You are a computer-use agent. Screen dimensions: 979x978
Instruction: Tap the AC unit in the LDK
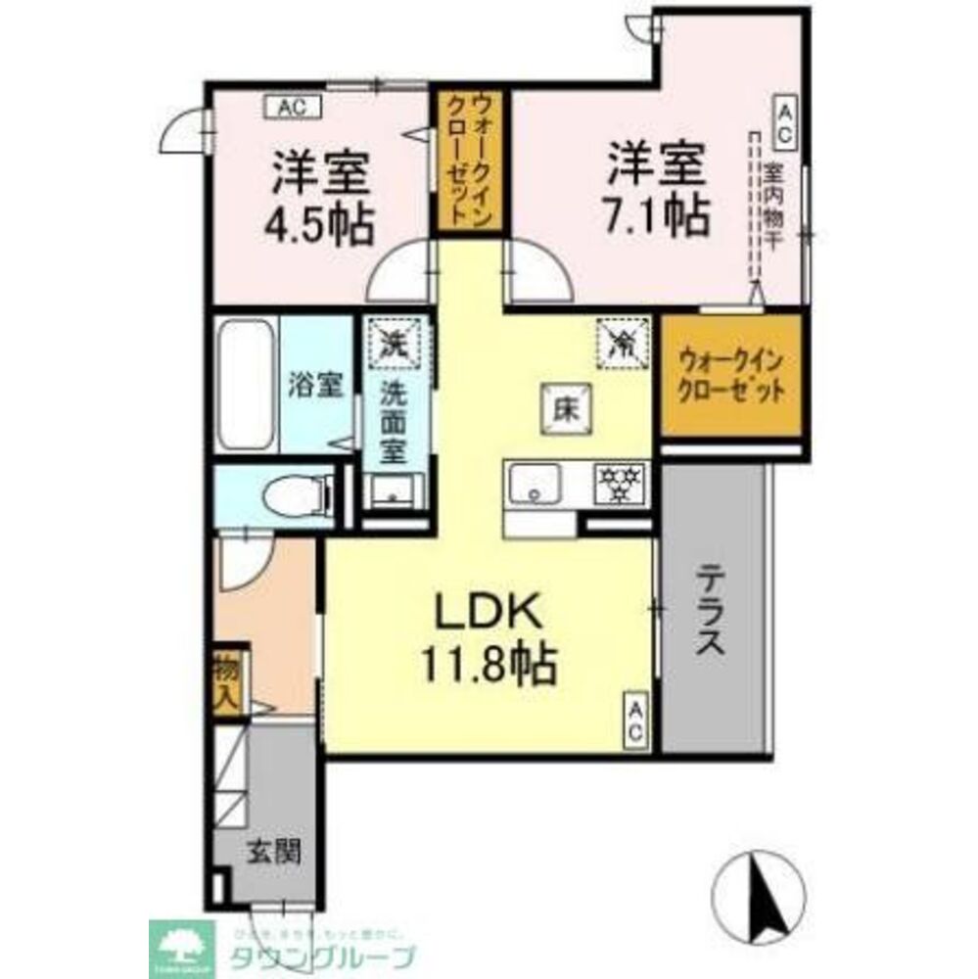click(x=634, y=723)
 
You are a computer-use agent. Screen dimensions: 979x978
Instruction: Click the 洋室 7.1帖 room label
click(x=657, y=189)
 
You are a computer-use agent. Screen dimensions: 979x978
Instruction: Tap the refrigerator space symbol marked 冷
click(x=621, y=342)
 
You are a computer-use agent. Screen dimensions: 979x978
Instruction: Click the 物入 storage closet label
click(x=226, y=684)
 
